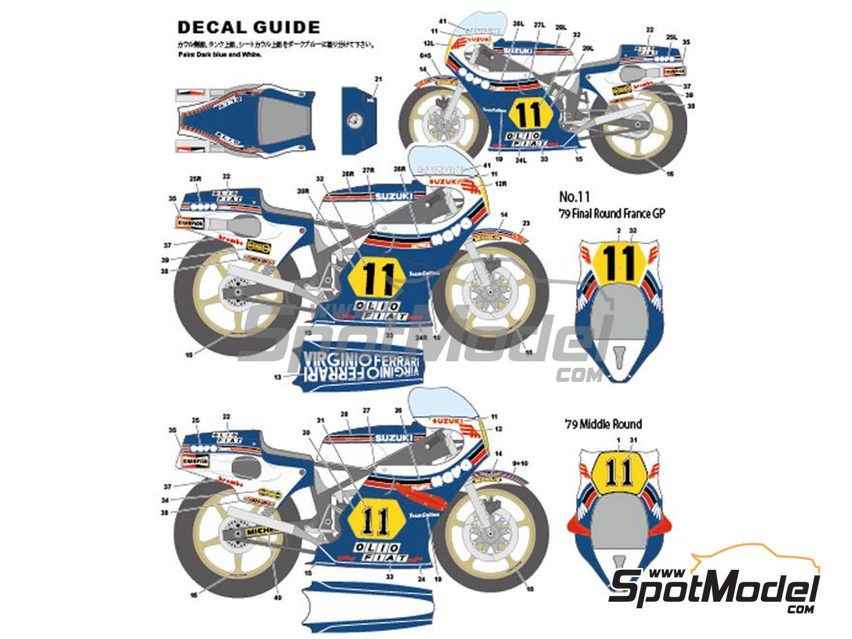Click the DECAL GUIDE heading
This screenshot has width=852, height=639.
[x=248, y=27]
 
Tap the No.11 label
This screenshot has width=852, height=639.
[x=575, y=196]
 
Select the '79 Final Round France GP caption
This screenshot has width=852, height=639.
[x=612, y=213]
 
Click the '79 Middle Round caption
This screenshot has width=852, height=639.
[x=603, y=424]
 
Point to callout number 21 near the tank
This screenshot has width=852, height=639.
[x=377, y=80]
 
